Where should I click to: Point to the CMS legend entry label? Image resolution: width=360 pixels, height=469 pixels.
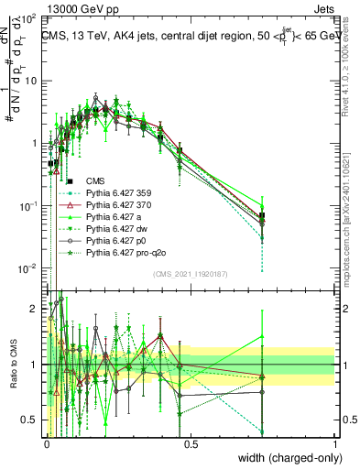[94, 180]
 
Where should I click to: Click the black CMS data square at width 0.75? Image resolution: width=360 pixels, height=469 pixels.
[263, 216]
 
